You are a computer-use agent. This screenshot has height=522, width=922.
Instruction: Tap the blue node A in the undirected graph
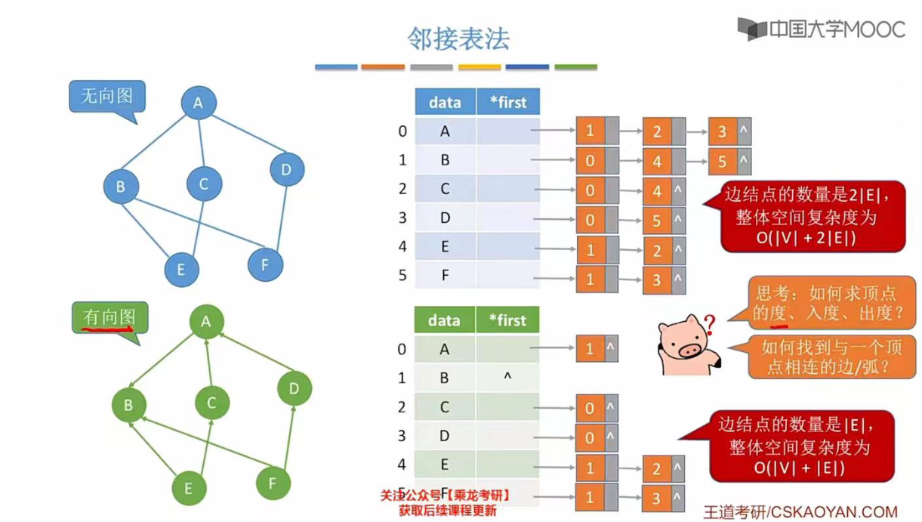point(199,103)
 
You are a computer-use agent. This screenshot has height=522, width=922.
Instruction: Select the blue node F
point(265,264)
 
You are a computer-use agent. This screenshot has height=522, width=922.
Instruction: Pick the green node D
point(294,388)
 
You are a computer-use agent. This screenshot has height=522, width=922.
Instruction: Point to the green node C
point(211,403)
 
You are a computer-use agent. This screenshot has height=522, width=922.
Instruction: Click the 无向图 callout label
point(106,96)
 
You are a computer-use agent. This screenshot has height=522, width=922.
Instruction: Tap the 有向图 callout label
point(109,317)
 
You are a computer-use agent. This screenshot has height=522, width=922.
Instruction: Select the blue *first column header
point(508,102)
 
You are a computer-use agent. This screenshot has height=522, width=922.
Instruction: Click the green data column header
point(444,320)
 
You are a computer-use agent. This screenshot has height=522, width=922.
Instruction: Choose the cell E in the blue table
point(445,246)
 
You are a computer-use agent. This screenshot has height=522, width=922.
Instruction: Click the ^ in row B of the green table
point(507,377)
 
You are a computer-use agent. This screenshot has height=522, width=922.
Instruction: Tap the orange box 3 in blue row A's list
point(723,131)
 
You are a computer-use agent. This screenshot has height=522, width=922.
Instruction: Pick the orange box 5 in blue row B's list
point(723,161)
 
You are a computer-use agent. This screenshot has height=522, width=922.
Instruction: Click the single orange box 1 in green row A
point(590,349)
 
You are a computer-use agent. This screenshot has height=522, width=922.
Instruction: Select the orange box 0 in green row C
point(590,409)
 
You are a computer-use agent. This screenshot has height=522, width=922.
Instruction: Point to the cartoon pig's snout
point(689,350)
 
